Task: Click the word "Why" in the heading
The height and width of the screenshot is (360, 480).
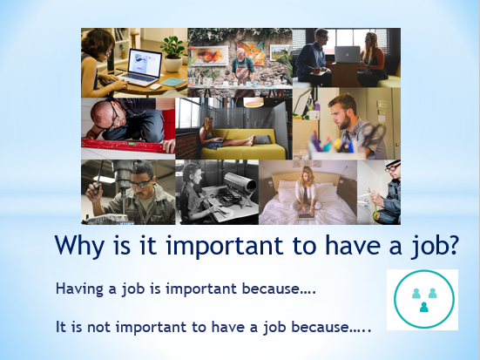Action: click(x=79, y=246)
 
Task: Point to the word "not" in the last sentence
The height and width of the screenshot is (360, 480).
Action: click(x=99, y=327)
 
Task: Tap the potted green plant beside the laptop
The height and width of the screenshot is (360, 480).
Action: click(x=173, y=54)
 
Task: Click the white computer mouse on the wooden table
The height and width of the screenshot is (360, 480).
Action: click(x=156, y=86)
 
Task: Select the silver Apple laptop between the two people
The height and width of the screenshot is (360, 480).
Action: click(x=348, y=55)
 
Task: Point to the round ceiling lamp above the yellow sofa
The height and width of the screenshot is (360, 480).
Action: click(x=254, y=102)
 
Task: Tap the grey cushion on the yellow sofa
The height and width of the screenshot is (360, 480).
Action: click(x=262, y=139)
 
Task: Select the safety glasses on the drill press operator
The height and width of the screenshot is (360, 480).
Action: click(x=141, y=184)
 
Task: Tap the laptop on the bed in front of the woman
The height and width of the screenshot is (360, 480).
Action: click(x=307, y=215)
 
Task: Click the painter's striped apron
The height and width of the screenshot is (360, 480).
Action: click(x=242, y=74)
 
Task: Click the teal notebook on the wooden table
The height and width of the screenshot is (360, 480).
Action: click(x=173, y=82)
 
